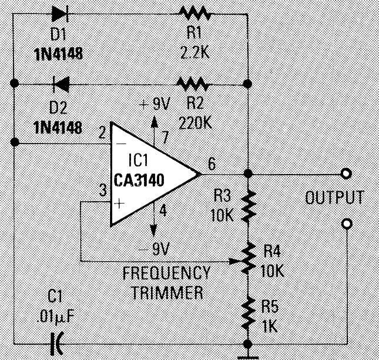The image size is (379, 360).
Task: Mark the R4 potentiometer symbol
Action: tap(249, 257)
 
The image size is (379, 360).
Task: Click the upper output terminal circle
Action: tap(347, 174)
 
